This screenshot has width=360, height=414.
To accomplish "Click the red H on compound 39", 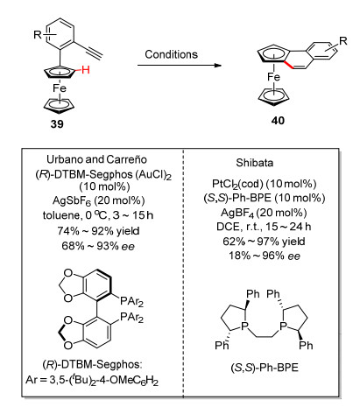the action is point(86,70).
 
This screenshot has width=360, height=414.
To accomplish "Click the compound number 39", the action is point(57,124).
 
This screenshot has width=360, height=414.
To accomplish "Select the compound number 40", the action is point(278,121).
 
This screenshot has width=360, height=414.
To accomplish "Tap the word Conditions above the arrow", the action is point(172,54).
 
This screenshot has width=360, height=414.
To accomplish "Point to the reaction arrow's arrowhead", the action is point(217,65).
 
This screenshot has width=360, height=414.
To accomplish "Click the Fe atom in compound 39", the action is point(60,88).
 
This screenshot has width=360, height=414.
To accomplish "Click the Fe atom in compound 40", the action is point(273,77).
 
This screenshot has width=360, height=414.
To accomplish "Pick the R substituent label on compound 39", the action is point(38,35).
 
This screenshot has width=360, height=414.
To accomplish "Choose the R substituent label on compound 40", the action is point(342,41).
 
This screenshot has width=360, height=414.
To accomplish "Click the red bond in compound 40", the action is point(290,66).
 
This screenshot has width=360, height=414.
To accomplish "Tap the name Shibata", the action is point(255,163).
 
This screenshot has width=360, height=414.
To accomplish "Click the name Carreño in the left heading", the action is point(126,159).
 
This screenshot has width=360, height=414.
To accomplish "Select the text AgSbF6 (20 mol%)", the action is point(99,200).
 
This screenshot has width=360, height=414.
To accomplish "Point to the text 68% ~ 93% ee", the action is point(98,246).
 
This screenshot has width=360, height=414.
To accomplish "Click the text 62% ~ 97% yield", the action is point(264,242).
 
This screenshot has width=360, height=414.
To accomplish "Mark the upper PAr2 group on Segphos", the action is point(131,301).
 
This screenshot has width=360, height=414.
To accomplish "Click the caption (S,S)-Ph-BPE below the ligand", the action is point(265,368).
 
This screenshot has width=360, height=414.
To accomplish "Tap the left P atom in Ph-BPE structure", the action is point(244,326).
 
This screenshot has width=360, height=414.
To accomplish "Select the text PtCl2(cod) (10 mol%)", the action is point(265,184).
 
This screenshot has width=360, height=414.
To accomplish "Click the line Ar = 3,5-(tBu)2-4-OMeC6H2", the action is point(92,380).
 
